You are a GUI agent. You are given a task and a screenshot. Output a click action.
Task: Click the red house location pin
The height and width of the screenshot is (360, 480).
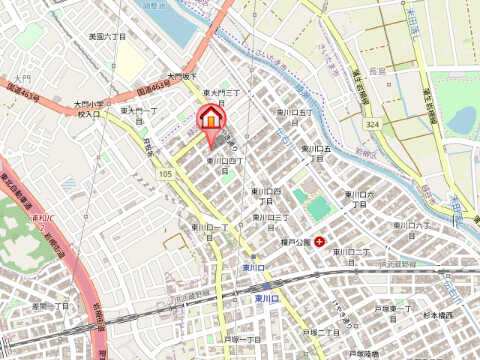coord(211,119)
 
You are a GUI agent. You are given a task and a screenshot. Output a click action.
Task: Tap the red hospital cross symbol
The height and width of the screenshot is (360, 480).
coord(319,241)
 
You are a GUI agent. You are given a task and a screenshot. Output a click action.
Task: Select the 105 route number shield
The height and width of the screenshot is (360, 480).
coord(164,174)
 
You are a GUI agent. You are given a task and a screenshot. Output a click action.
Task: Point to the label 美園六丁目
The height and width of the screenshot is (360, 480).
coord(106,36)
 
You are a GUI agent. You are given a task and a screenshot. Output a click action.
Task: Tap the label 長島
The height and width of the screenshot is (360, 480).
coord(376,71)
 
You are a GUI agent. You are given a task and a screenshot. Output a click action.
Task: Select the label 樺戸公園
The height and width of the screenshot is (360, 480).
coord(294,241)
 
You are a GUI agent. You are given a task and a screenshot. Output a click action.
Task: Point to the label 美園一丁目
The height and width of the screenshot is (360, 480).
coord(51,305)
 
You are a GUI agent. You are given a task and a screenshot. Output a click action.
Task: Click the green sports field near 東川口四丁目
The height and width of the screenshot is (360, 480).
coord(318,208)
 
